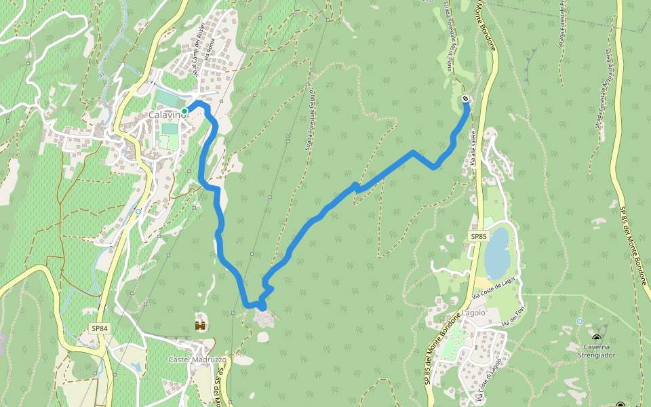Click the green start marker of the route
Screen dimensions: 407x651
(x=184, y=111)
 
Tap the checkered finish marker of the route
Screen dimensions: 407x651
(x=466, y=100)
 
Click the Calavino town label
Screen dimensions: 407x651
(x=167, y=115)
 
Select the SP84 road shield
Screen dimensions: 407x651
(x=100, y=328)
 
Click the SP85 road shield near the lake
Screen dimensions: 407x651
(x=479, y=236)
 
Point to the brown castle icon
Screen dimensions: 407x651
(x=200, y=326)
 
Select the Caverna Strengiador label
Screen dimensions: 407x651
(x=597, y=350)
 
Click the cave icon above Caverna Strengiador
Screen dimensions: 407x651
(x=597, y=338)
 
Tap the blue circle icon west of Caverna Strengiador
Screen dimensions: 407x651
(x=580, y=321)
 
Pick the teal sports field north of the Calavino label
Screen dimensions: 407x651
(x=166, y=98)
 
